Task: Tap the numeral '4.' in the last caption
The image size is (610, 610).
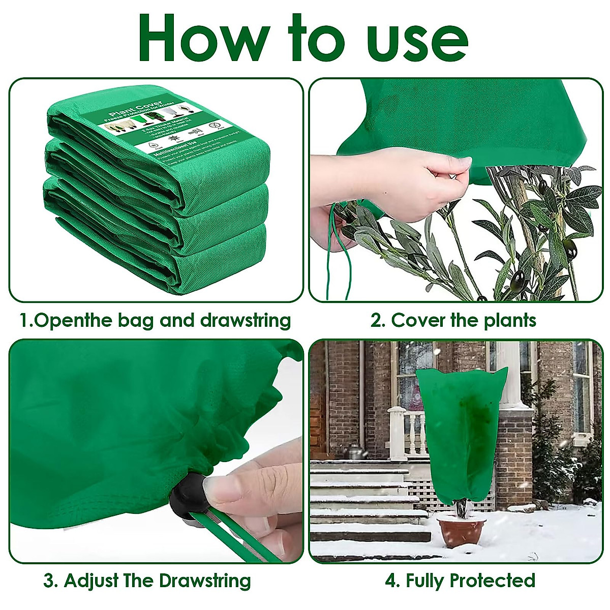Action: [x=392, y=580]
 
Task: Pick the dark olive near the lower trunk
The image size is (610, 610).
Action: [x=518, y=278]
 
